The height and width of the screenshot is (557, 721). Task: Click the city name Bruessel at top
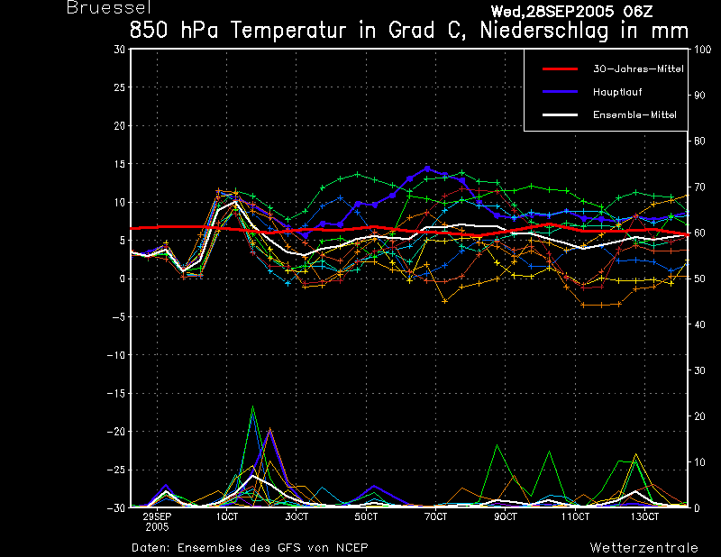tap(109, 7)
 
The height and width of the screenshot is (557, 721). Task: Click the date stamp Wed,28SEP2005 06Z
tap(571, 12)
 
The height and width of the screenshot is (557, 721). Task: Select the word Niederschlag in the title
tap(544, 31)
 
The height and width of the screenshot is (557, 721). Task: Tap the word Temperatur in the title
tap(288, 31)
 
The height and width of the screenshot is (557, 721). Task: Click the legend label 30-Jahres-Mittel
tap(638, 69)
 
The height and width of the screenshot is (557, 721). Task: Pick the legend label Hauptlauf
tap(617, 92)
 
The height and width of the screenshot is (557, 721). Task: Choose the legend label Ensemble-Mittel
tap(634, 114)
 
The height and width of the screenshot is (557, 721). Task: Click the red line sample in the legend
tap(560, 69)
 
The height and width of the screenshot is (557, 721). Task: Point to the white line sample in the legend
tap(560, 114)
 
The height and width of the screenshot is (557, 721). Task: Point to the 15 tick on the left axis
tap(119, 164)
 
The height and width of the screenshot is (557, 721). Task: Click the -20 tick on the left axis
tap(116, 432)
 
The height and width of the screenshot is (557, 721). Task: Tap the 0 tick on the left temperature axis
tap(123, 278)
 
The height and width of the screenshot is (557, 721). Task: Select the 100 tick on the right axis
tap(702, 50)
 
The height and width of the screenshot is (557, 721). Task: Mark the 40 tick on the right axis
tap(699, 324)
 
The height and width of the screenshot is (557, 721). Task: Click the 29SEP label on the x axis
tap(157, 516)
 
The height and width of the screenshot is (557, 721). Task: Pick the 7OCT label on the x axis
tap(435, 516)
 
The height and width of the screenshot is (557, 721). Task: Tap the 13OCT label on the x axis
tap(644, 516)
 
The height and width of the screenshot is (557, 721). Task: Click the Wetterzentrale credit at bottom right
tap(643, 548)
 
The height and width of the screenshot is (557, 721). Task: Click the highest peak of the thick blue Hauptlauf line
tap(427, 169)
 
